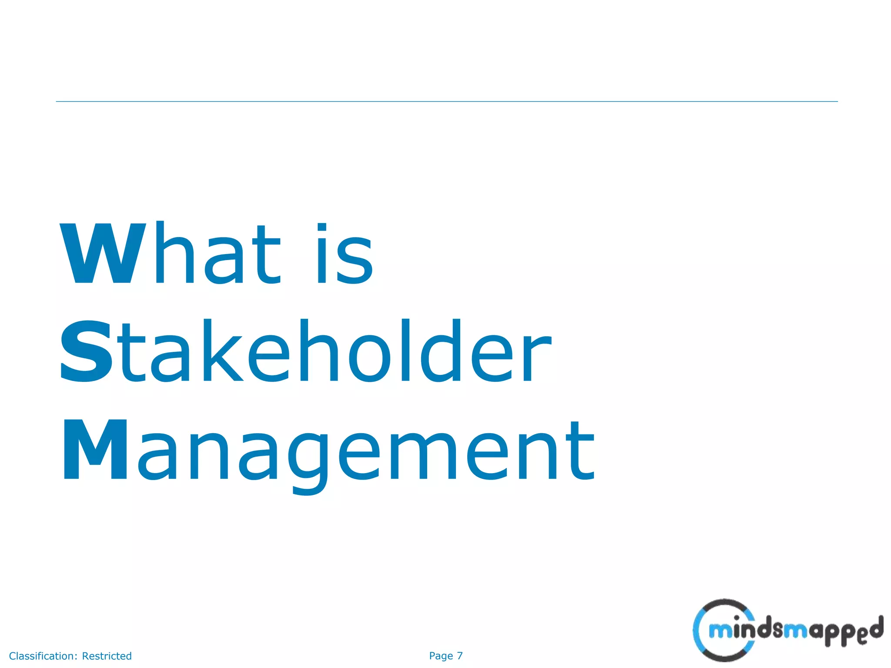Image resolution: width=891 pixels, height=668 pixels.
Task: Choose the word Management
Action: [x=329, y=452]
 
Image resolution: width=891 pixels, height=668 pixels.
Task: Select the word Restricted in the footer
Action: [x=107, y=656]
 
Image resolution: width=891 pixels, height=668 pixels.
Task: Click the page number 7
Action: [x=460, y=656]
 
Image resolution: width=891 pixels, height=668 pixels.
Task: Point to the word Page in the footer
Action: [x=441, y=656]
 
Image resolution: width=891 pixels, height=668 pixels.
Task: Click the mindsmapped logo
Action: [x=787, y=631]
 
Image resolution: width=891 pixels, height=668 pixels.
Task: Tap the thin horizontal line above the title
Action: [x=446, y=101]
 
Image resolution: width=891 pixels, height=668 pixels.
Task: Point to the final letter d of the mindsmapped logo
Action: [x=875, y=628]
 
